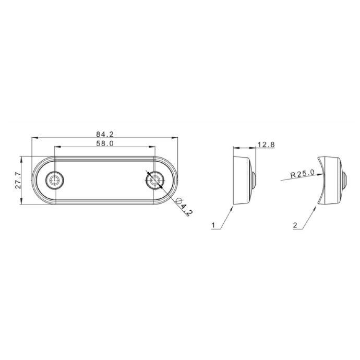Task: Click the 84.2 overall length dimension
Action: click(x=105, y=134)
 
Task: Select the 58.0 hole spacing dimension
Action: click(x=105, y=143)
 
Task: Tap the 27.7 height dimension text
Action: click(x=18, y=180)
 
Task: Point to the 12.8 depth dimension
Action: click(x=266, y=145)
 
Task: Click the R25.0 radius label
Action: click(x=302, y=174)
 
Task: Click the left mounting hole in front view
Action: click(x=54, y=180)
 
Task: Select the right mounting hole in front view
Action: click(x=155, y=180)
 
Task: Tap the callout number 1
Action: click(x=213, y=225)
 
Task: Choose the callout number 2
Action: click(x=295, y=225)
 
